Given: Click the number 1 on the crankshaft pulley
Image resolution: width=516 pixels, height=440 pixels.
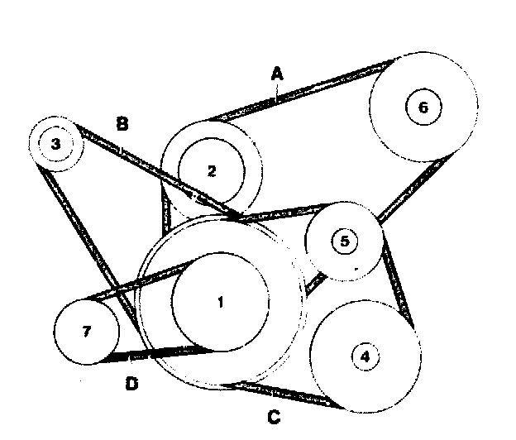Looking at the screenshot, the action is pyautogui.click(x=220, y=303).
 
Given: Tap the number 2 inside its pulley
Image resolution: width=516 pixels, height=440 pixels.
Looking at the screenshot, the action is pyautogui.click(x=212, y=171).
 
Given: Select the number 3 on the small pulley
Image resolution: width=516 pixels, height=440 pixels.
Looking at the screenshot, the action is pyautogui.click(x=55, y=144).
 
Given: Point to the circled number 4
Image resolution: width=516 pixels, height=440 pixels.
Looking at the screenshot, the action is pyautogui.click(x=365, y=356).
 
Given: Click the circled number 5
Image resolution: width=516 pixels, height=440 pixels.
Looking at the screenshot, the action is pyautogui.click(x=345, y=241).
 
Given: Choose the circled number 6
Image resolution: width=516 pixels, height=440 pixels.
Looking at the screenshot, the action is pyautogui.click(x=423, y=108).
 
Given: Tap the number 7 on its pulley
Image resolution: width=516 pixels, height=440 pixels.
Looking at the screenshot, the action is pyautogui.click(x=86, y=332).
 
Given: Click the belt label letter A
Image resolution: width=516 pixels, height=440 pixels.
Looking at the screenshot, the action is pyautogui.click(x=277, y=74).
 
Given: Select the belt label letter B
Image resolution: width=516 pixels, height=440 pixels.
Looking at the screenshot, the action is pyautogui.click(x=122, y=124).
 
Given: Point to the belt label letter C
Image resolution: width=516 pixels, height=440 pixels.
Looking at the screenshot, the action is pyautogui.click(x=274, y=417).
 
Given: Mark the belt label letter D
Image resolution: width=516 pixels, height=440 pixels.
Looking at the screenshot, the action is pyautogui.click(x=131, y=384).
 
